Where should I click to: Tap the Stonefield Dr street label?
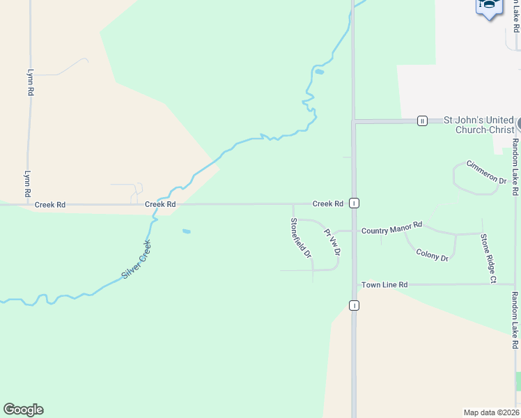(300, 238)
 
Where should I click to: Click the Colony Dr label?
(432, 255)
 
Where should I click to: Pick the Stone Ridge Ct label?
(487, 258)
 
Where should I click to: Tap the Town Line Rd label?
(384, 285)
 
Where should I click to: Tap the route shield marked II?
(422, 121)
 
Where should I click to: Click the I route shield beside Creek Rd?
(355, 203)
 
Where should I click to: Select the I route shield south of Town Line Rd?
(355, 306)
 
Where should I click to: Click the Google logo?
(23, 410)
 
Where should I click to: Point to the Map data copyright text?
(492, 412)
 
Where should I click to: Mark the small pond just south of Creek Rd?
(186, 231)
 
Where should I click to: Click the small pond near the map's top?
(319, 72)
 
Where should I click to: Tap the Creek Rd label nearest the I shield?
(327, 204)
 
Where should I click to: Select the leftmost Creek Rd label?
(50, 205)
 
